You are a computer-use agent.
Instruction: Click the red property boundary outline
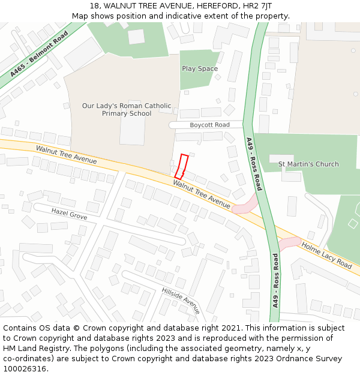tap(181, 166)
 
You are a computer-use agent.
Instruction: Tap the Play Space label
tap(200, 68)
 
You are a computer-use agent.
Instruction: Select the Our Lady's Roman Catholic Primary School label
tap(127, 110)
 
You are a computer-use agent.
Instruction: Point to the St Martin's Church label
tap(308, 164)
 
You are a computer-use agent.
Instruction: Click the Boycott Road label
tap(209, 125)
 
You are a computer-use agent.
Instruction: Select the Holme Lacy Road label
tap(326, 255)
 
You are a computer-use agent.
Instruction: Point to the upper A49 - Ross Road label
tap(254, 164)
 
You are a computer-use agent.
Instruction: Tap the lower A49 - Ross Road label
tap(275, 280)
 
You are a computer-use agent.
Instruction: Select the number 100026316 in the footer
tap(25, 368)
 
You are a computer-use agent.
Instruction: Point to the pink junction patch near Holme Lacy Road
tap(289, 243)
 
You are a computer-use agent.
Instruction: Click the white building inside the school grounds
tap(132, 124)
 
